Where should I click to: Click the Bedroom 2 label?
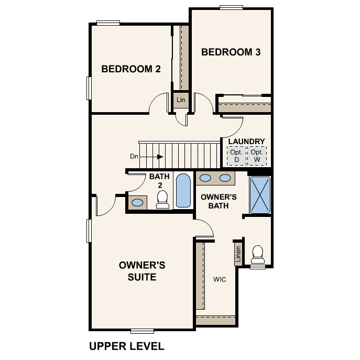(x=131, y=69)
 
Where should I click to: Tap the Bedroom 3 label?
(x=231, y=52)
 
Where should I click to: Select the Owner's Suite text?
(x=142, y=271)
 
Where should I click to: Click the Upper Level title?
(x=126, y=346)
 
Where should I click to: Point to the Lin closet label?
(x=181, y=100)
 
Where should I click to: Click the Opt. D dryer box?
(x=236, y=156)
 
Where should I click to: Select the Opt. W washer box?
(x=257, y=156)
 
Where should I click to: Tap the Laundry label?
(x=247, y=141)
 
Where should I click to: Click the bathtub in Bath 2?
(x=183, y=190)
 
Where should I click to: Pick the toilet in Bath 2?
(x=162, y=199)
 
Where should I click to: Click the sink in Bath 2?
(x=137, y=202)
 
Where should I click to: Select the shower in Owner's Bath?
(x=260, y=195)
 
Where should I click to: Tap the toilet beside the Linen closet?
(x=258, y=254)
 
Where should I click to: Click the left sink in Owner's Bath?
(x=205, y=178)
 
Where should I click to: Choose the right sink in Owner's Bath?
(x=225, y=178)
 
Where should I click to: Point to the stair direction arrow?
(x=151, y=157)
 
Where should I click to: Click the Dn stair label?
(x=134, y=156)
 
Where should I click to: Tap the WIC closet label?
(x=220, y=279)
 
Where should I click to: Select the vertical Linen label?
(x=238, y=254)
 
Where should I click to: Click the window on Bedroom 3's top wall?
(x=231, y=7)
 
